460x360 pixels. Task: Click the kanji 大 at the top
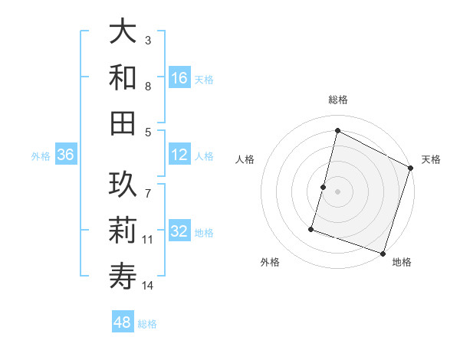(123, 32)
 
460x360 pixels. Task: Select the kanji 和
(123, 77)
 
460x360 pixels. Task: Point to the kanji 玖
(123, 185)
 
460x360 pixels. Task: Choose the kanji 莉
(123, 230)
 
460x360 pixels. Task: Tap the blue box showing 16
(179, 77)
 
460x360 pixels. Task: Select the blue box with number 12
(179, 155)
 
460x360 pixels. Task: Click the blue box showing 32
(179, 231)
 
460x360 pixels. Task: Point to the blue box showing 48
(123, 322)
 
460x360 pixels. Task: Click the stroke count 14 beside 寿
(148, 286)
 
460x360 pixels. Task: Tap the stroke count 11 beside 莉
(148, 240)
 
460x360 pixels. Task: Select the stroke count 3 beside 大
(148, 40)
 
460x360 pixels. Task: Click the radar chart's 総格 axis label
(337, 100)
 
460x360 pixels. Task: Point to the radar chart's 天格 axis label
(431, 159)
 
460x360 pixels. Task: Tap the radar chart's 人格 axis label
(245, 159)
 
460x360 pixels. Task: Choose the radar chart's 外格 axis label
(270, 263)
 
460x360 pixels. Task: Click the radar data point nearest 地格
(383, 253)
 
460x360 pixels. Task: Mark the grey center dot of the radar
(337, 191)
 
